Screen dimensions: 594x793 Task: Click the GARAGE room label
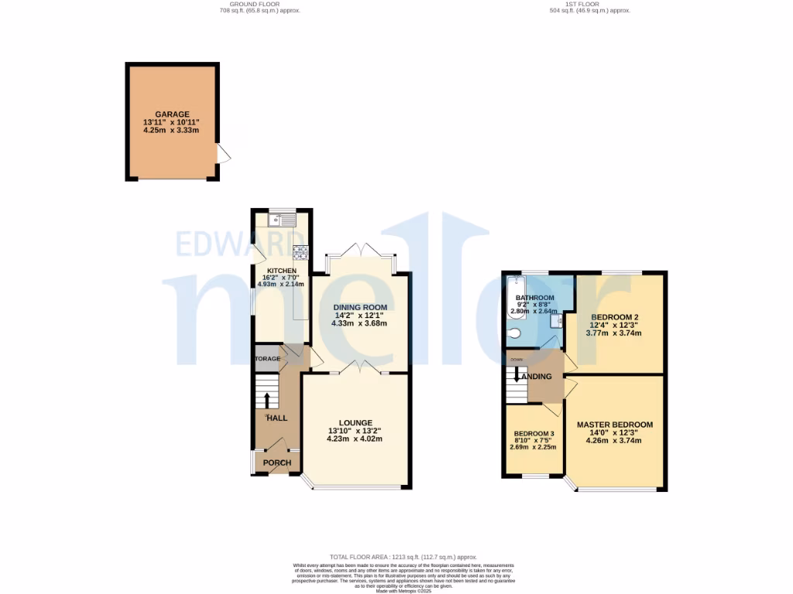pos(171,114)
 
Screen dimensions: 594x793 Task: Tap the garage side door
pos(223,155)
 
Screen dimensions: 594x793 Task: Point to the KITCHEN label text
pos(271,271)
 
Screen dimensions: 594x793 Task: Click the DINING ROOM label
pos(359,306)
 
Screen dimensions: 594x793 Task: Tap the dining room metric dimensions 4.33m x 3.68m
pos(359,323)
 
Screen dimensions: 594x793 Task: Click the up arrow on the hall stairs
pos(267,400)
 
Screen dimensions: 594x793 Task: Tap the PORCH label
pos(277,463)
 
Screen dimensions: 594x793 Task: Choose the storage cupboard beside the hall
pos(266,359)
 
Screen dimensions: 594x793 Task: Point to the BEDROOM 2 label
pos(614,317)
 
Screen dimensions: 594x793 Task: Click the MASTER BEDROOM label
pos(614,425)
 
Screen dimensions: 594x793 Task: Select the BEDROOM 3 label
pos(534,433)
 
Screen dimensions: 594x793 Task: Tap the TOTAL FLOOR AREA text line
pos(403,557)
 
